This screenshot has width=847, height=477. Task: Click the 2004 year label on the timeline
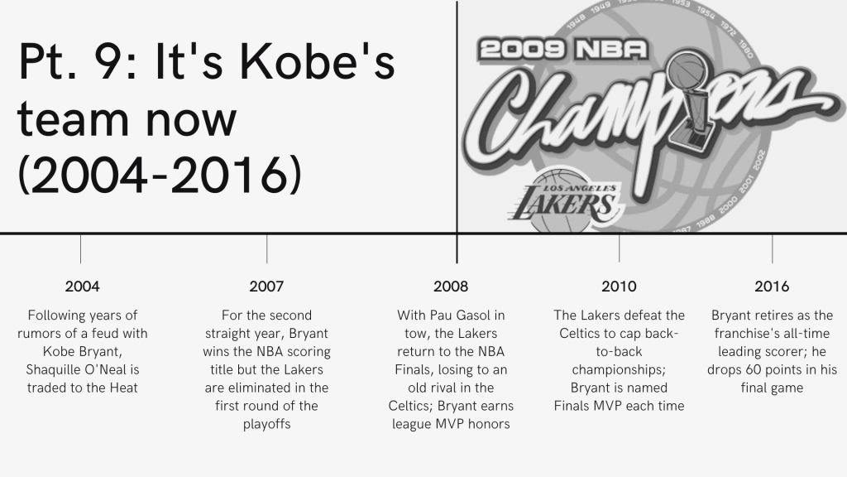[x=82, y=286]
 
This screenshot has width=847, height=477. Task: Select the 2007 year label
[x=266, y=286]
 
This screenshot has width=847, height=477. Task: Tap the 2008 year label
[x=451, y=286]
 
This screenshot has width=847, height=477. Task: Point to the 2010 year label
[x=619, y=286]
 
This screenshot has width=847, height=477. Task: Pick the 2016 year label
[x=772, y=286]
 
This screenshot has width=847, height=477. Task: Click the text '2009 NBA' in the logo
[x=562, y=50]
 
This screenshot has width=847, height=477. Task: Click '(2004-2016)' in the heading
[x=160, y=174]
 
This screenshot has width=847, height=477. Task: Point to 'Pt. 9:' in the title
[x=78, y=61]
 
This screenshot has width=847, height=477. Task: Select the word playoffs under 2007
[x=266, y=425]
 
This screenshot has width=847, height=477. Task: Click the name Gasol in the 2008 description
[x=488, y=316]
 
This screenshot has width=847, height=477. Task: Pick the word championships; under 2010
[x=619, y=370]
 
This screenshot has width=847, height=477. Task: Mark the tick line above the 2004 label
[x=80, y=248]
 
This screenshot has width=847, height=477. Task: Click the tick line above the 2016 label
[x=773, y=248]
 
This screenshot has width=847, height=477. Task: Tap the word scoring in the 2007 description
[x=309, y=352]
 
